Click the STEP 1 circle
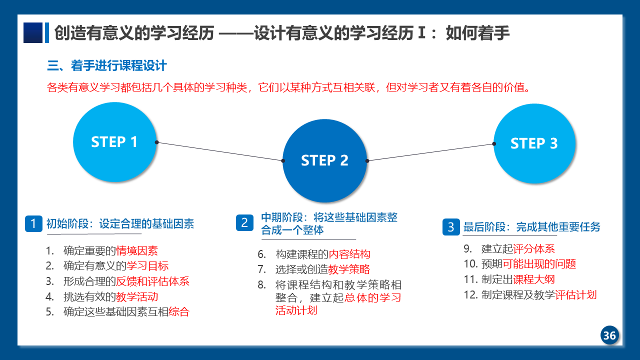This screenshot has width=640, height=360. click(x=115, y=142)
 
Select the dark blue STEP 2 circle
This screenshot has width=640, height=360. click(x=325, y=160)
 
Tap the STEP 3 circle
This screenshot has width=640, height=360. click(x=534, y=143)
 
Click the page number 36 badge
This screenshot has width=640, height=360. click(x=609, y=335)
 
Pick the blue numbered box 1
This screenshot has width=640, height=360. click(x=33, y=223)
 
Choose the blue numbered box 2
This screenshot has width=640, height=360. click(x=244, y=222)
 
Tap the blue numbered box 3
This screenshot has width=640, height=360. click(x=451, y=227)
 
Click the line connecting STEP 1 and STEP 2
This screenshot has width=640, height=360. click(x=219, y=151)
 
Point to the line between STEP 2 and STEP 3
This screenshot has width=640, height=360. click(x=430, y=152)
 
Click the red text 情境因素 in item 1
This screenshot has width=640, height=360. click(x=137, y=250)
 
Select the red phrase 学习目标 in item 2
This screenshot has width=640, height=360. click(x=147, y=265)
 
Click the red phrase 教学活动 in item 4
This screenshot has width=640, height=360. click(x=137, y=296)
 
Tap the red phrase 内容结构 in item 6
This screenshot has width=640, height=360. click(x=349, y=254)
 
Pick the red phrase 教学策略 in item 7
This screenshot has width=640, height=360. click(x=349, y=269)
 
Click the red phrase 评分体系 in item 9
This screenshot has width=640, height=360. click(x=533, y=248)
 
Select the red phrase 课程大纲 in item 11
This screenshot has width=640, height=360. click(x=533, y=279)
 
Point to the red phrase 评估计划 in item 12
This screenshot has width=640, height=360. click(x=575, y=294)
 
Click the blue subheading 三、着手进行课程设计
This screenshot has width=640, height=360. click(x=107, y=65)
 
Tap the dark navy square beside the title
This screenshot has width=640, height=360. click(x=33, y=32)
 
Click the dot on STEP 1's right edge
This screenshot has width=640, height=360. click(x=156, y=142)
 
